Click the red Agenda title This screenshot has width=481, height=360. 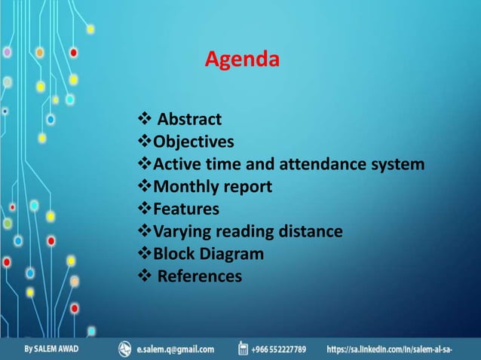pyautogui.click(x=242, y=59)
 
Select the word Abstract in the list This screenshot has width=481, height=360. pyautogui.click(x=189, y=119)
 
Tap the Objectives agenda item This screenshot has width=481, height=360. pyautogui.click(x=193, y=142)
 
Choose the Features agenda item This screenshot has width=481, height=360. pyautogui.click(x=186, y=209)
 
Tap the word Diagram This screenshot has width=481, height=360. pyautogui.click(x=232, y=254)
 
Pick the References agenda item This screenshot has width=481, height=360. pyautogui.click(x=200, y=276)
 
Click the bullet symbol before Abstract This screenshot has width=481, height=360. pyautogui.click(x=145, y=119)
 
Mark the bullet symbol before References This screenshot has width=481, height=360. pyautogui.click(x=145, y=276)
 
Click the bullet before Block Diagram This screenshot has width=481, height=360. pyautogui.click(x=145, y=254)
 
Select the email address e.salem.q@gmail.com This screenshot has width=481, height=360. pyautogui.click(x=175, y=349)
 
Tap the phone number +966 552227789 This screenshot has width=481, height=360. pyautogui.click(x=279, y=349)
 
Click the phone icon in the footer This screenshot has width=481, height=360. pyautogui.click(x=243, y=348)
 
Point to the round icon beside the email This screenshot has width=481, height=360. pyautogui.click(x=125, y=348)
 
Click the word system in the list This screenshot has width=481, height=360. pyautogui.click(x=398, y=164)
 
